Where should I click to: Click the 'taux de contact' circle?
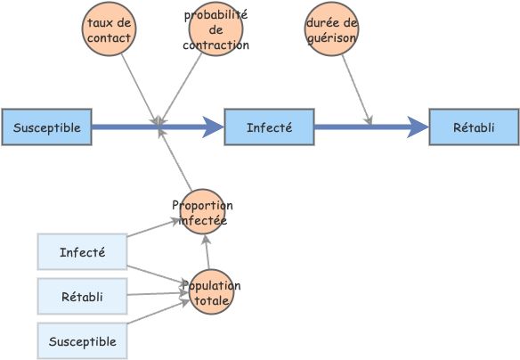pos(110,29)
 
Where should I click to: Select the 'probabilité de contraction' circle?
pos(215,29)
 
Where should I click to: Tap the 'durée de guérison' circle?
pos(331,29)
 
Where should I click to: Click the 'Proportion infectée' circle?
pos(202,212)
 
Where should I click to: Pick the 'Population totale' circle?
pos(211,292)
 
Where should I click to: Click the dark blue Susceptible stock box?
pos(47,127)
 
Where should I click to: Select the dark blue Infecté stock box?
pos(269,127)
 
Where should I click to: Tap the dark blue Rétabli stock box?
pos(475,127)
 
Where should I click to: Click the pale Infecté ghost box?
pos(82,252)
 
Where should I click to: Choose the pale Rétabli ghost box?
pos(82,297)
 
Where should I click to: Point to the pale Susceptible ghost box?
pos(82,340)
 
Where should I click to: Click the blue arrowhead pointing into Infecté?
pos(213,127)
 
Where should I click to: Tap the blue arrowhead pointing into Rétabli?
pos(418,127)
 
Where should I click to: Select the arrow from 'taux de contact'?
pos(140,89)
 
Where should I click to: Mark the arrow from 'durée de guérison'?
pos(356,90)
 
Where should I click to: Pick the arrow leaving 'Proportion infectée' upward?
pos(175,160)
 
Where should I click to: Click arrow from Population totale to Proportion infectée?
pos(207,252)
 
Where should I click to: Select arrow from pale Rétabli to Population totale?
pos(158,294)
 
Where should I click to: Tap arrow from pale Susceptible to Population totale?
pos(158,312)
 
